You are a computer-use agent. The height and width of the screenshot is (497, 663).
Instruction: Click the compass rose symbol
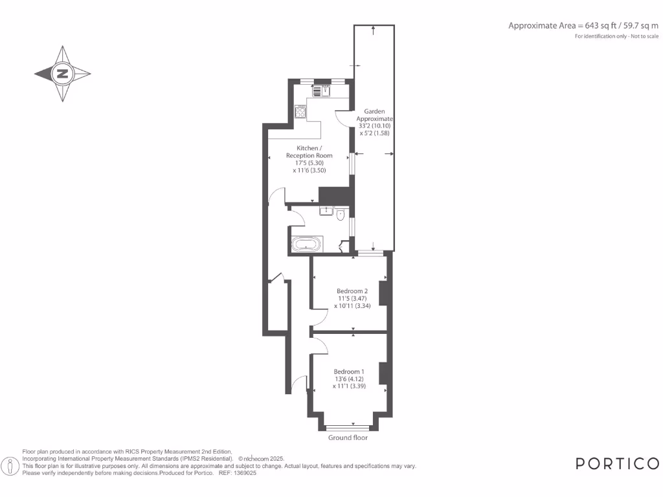click(x=63, y=74)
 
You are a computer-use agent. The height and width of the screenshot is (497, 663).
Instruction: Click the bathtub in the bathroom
click(x=305, y=245)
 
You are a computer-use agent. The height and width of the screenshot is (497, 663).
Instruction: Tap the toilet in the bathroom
click(x=341, y=215)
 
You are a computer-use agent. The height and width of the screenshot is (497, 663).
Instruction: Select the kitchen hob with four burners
click(x=300, y=112)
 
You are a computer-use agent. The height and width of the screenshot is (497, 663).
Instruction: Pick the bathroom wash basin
click(x=326, y=210)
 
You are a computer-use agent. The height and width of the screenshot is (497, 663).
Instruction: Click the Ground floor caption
click(x=348, y=438)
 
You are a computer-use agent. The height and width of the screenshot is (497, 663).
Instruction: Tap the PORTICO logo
click(x=617, y=463)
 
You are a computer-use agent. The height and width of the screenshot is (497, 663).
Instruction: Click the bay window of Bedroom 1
click(x=348, y=428)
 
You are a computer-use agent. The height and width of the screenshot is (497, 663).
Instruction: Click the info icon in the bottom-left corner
click(x=10, y=467)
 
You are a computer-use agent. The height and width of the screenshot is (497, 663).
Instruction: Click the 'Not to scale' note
click(x=645, y=36)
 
